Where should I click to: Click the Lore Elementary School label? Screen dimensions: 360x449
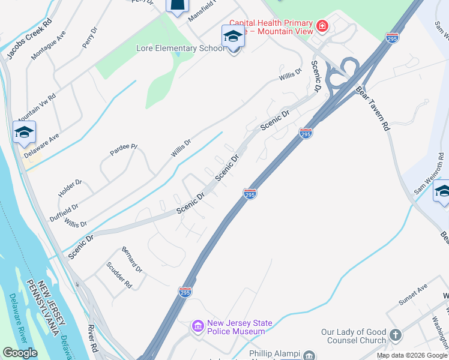click(180, 48)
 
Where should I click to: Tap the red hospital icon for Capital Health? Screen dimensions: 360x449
click(322, 26)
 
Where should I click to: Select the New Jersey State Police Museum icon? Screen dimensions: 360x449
click(197, 327)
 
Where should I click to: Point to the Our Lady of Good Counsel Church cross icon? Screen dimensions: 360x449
click(395, 335)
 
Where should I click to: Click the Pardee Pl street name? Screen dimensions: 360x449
click(124, 150)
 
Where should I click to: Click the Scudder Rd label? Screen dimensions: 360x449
click(118, 275)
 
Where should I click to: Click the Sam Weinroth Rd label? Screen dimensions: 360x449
click(430, 175)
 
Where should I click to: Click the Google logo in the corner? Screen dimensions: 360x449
click(20, 353)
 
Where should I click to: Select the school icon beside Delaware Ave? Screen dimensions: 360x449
click(24, 132)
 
